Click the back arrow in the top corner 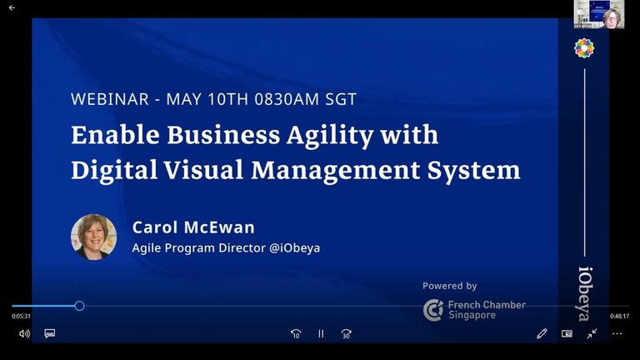point(12,7)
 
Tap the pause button point(321,334)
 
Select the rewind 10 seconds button point(296,334)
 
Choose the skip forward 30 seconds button point(346,334)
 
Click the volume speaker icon point(24,334)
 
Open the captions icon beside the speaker point(50,334)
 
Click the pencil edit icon point(542,333)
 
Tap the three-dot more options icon point(617,334)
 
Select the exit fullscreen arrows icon point(592,333)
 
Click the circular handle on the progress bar point(80,306)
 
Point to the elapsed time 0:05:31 point(21,316)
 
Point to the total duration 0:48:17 point(620,316)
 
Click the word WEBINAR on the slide point(110,99)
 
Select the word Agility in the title point(330,135)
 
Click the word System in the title point(473,170)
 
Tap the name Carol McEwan point(193,227)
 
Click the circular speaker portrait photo point(94,237)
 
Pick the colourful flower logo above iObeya point(584,48)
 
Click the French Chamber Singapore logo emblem point(433,310)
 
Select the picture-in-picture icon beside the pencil point(567,334)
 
